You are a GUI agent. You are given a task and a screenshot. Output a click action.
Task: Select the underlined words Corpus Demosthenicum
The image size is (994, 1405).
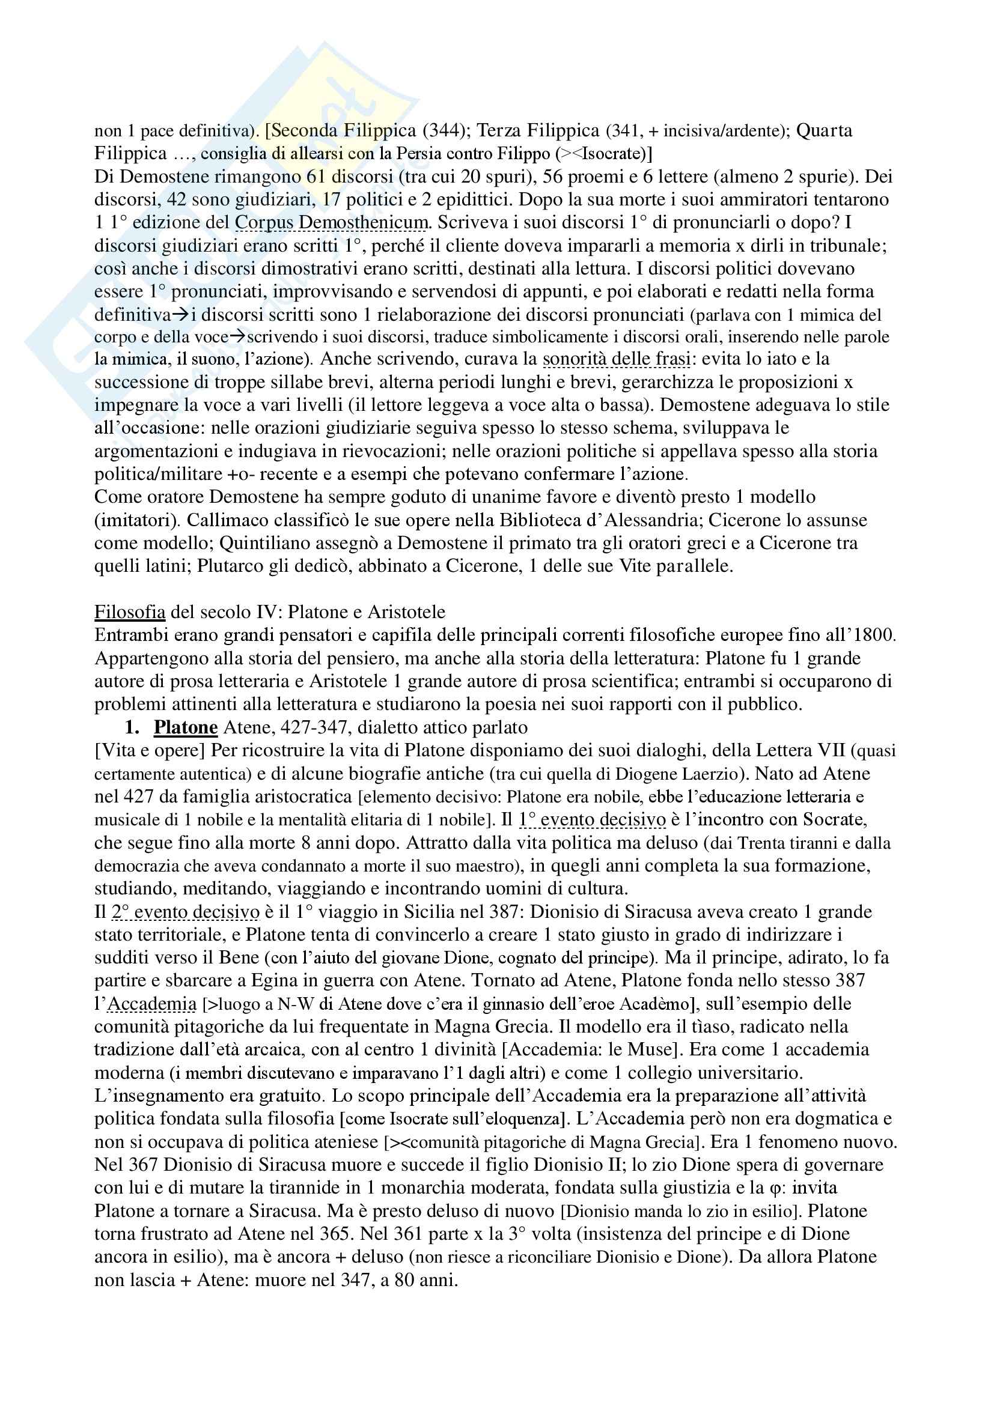point(331,223)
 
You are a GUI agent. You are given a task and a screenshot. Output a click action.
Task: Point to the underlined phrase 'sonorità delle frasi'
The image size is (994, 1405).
point(617,359)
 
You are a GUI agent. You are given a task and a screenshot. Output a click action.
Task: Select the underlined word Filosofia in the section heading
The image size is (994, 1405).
point(130,612)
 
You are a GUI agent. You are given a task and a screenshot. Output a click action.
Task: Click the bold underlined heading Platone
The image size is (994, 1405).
point(186,727)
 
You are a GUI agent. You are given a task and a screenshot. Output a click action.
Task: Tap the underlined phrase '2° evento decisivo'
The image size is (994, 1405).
point(186,912)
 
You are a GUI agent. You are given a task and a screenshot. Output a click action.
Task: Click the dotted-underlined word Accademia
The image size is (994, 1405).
point(152,1004)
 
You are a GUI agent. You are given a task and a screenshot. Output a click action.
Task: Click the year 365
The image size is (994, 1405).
point(336,1234)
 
